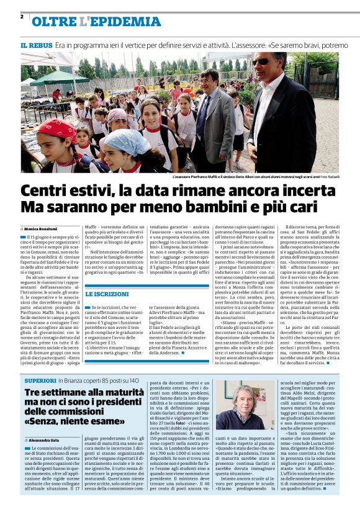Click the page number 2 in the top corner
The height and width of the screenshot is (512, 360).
22,16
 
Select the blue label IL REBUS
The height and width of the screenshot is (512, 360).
35,47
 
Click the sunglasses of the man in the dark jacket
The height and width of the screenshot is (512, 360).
261,62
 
